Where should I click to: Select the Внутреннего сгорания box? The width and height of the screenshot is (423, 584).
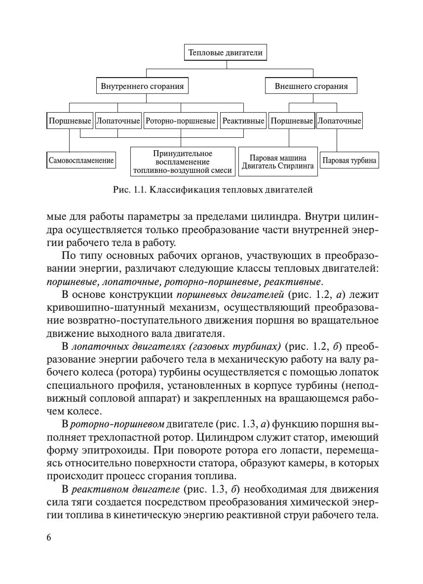tap(142, 86)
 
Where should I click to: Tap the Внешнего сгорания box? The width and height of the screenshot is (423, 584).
tap(311, 86)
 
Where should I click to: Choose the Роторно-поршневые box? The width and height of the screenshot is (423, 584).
tap(180, 121)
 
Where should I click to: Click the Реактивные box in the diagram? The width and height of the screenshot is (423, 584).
tap(243, 121)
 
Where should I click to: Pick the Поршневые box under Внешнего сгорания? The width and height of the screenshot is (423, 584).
tap(291, 121)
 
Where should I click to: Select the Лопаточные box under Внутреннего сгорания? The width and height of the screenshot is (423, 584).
tap(118, 121)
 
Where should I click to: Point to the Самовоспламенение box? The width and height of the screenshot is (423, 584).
tap(81, 160)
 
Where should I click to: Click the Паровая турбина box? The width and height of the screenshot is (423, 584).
tap(349, 160)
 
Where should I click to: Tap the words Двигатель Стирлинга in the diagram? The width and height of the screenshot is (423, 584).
tap(278, 166)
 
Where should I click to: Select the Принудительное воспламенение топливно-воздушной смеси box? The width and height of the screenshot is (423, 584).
tap(183, 162)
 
